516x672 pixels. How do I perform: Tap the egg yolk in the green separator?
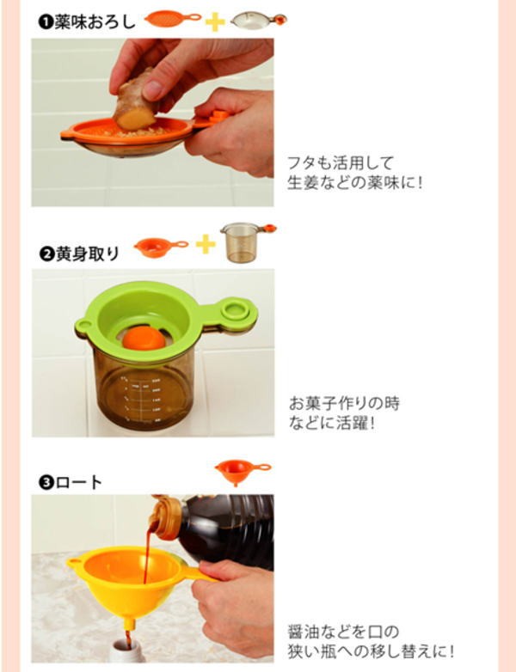144,338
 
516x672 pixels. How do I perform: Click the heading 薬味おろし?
95,21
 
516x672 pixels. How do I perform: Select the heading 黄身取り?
87,254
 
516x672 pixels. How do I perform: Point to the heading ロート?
78,483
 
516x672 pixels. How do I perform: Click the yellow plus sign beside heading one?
215,21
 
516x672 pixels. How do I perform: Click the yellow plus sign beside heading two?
206,244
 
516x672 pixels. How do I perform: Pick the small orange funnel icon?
242,472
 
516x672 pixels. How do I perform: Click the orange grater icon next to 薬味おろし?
172,18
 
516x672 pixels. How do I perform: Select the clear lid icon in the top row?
258,20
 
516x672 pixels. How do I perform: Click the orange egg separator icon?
160,247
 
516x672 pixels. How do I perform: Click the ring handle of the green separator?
235,310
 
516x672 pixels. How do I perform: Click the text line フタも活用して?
341,163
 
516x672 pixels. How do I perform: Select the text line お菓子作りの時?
344,403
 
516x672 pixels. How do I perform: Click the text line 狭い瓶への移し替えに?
371,651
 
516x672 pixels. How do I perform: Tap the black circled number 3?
46,483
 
